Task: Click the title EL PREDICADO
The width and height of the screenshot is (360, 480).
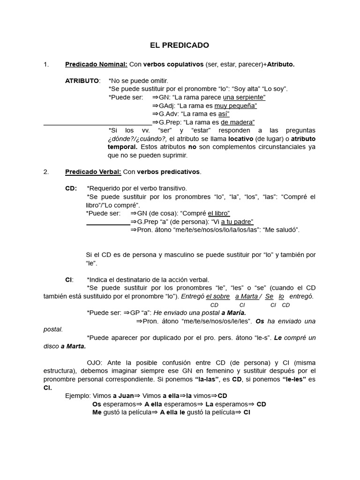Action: point(180,45)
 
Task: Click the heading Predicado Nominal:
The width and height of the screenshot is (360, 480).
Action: point(96,64)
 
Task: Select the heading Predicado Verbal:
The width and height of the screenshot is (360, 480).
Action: point(93,172)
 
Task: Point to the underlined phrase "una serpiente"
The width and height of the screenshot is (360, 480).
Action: point(244,97)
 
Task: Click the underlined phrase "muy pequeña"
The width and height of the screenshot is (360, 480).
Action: point(235,105)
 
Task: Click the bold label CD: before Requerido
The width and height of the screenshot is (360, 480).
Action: point(71,188)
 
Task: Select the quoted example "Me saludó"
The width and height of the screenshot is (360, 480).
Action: point(281,230)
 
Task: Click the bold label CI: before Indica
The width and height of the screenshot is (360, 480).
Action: point(69,279)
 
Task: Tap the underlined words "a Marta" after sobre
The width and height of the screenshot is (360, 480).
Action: point(246,296)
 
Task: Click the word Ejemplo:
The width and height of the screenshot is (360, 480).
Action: point(78,396)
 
